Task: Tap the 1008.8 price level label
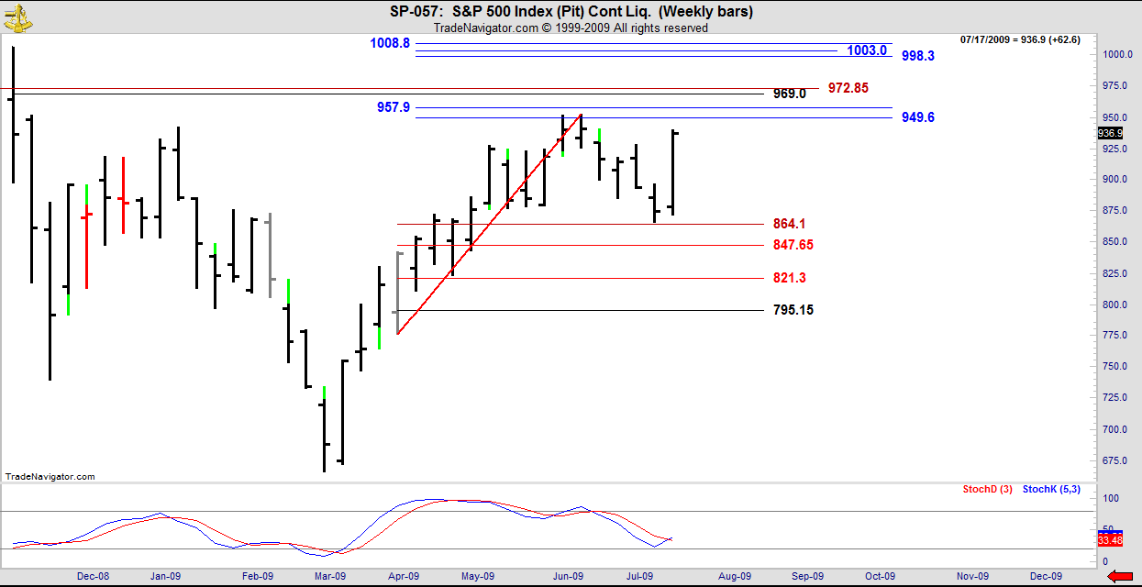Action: tap(390, 42)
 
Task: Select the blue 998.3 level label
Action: tap(917, 56)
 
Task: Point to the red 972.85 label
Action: tap(848, 88)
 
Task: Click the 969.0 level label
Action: tap(789, 94)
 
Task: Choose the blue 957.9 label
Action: tap(394, 107)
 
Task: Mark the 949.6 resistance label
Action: tap(917, 117)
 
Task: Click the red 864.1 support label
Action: tap(789, 224)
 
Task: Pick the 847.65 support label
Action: tap(793, 245)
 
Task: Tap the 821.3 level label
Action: tap(789, 278)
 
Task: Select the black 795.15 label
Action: tap(793, 310)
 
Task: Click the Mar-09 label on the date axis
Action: tap(329, 576)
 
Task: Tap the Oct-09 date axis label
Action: tap(880, 576)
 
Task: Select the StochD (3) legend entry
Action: tap(987, 490)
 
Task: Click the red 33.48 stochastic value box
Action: tap(1110, 540)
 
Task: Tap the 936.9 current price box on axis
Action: tap(1110, 133)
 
